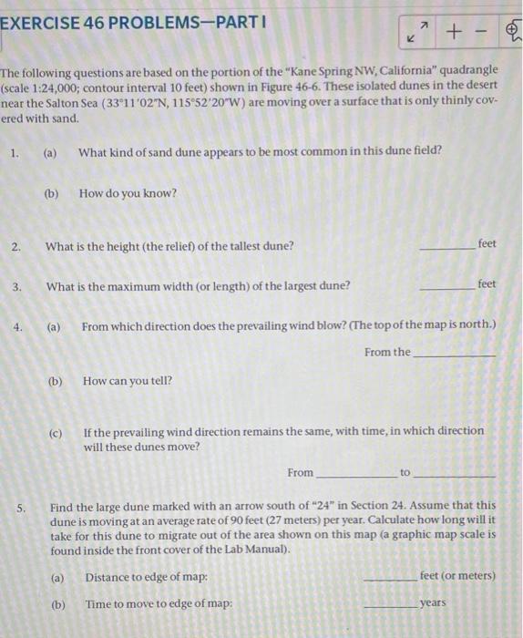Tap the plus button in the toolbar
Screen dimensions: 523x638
click(451, 33)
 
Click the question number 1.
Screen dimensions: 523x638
click(15, 153)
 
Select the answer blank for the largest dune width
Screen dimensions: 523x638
click(446, 287)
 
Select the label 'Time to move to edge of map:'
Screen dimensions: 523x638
click(158, 603)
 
